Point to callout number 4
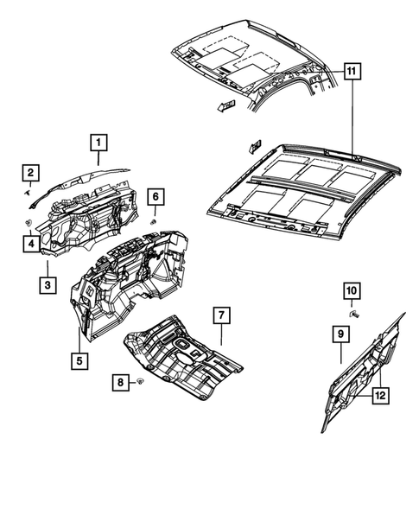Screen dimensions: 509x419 click(29, 245)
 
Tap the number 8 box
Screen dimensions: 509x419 click(120, 382)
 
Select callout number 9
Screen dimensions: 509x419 click(340, 333)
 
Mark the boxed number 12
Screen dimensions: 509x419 click(378, 395)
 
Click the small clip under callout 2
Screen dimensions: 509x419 click(29, 195)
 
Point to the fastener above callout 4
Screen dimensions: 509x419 click(29, 224)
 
